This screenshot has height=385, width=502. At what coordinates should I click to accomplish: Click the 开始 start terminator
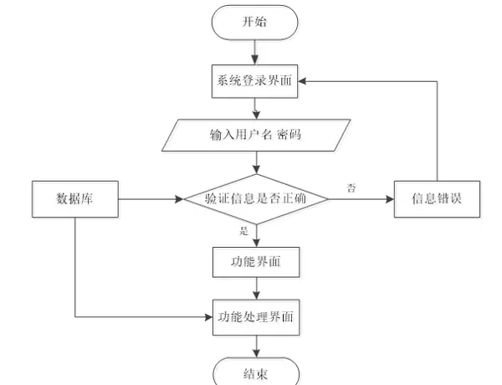pyautogui.click(x=255, y=23)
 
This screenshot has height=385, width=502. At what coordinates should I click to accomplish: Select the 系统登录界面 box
pyautogui.click(x=255, y=82)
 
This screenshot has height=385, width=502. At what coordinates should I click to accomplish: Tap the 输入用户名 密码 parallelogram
pyautogui.click(x=255, y=134)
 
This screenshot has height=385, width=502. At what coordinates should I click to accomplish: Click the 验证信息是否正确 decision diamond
pyautogui.click(x=255, y=199)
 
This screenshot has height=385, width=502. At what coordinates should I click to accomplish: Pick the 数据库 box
pyautogui.click(x=74, y=199)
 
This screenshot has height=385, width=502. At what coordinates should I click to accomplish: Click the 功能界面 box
pyautogui.click(x=255, y=262)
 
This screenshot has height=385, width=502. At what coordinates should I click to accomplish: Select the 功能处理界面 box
pyautogui.click(x=255, y=317)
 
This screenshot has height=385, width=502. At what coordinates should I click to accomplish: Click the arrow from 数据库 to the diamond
pyautogui.click(x=151, y=199)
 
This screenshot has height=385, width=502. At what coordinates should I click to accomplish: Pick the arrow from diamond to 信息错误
pyautogui.click(x=360, y=199)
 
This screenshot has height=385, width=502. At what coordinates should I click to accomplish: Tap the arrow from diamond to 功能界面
pyautogui.click(x=255, y=235)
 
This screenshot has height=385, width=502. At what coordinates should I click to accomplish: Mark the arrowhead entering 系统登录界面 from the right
pyautogui.click(x=305, y=82)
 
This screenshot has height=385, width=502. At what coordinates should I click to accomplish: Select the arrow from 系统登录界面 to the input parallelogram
pyautogui.click(x=255, y=108)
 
